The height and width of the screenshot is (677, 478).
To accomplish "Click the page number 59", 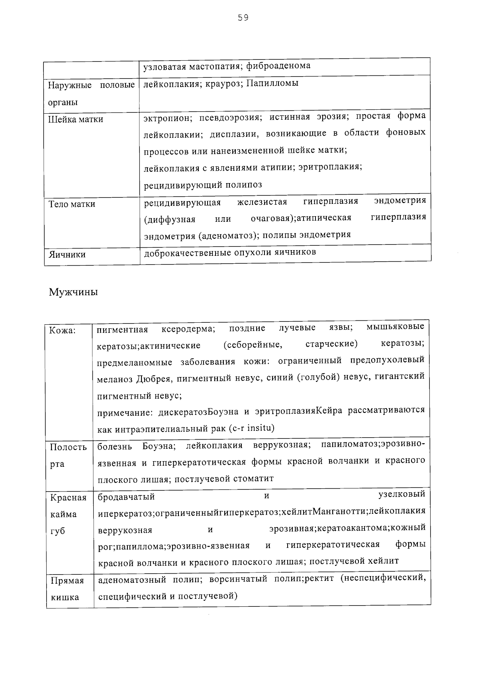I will (243, 18).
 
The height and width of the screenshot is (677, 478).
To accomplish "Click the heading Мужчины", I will (73, 292).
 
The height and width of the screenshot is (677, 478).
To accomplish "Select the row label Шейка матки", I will (76, 119).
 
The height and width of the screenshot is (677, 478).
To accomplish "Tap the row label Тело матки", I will (72, 204).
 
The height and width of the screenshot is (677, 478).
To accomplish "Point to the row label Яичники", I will (67, 254).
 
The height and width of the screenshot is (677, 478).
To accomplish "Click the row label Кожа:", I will (62, 330).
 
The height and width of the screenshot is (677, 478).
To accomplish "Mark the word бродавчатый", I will (126, 497).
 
